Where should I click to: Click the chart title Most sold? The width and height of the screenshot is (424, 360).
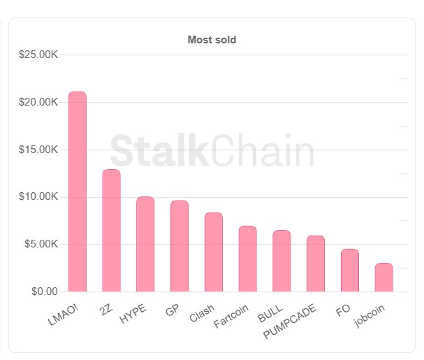pyautogui.click(x=212, y=40)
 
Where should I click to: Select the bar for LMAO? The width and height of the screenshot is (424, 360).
pyautogui.click(x=78, y=192)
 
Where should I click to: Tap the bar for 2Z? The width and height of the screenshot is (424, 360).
pyautogui.click(x=111, y=230)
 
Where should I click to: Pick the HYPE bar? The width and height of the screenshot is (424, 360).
pyautogui.click(x=145, y=244)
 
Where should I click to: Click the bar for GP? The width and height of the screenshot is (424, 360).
pyautogui.click(x=180, y=245)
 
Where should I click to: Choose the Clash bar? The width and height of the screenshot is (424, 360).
pyautogui.click(x=214, y=252)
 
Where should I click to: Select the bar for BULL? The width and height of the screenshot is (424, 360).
pyautogui.click(x=282, y=261)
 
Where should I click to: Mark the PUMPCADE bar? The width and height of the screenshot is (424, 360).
pyautogui.click(x=316, y=264)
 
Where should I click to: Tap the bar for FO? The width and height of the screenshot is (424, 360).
pyautogui.click(x=350, y=270)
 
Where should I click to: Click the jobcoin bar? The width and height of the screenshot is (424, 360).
pyautogui.click(x=384, y=277)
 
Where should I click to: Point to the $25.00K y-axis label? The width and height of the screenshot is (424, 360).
pyautogui.click(x=38, y=55)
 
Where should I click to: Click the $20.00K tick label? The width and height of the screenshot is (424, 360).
pyautogui.click(x=38, y=102)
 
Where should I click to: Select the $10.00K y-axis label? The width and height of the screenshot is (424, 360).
pyautogui.click(x=38, y=196)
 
